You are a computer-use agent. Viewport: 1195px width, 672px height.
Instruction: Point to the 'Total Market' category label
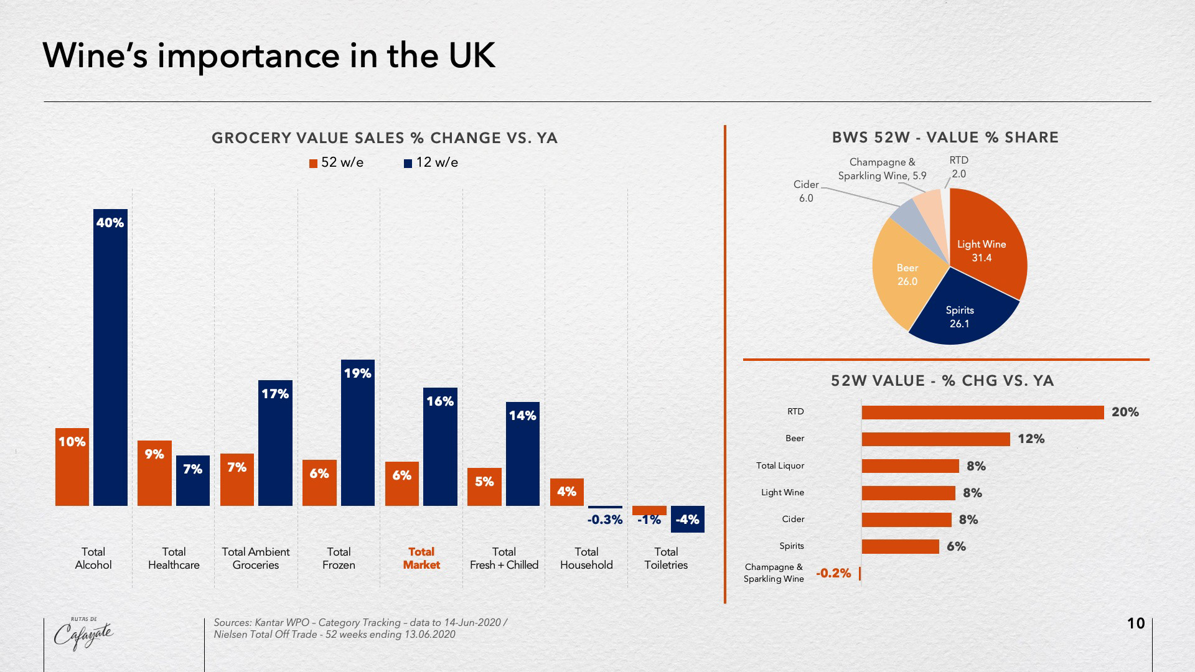[x=421, y=558]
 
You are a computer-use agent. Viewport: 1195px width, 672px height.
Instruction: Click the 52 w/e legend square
[x=314, y=164]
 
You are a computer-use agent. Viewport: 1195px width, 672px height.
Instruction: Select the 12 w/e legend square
[x=408, y=164]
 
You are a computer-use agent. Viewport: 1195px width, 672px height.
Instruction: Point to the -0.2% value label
[x=833, y=573]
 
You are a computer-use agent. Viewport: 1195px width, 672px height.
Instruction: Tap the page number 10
[x=1136, y=623]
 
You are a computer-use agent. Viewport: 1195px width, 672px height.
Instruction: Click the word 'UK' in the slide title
[x=471, y=56]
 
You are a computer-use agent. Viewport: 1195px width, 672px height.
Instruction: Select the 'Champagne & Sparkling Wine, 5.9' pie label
[x=882, y=169]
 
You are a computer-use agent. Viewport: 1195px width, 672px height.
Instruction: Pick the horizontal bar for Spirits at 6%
[x=900, y=546]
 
